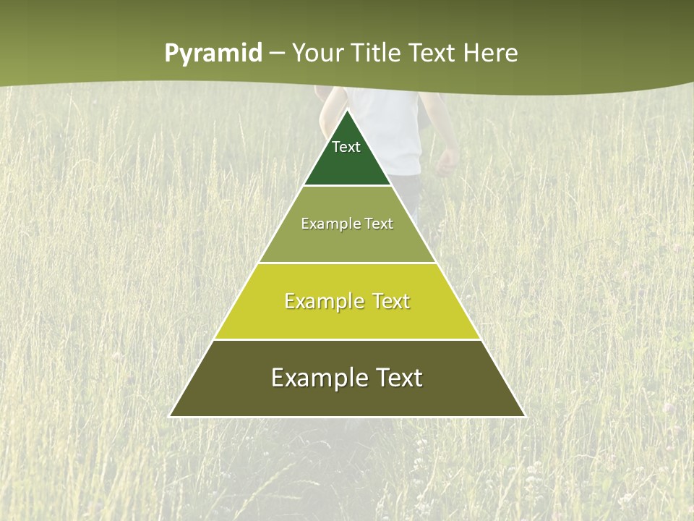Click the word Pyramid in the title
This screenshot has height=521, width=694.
pyautogui.click(x=213, y=54)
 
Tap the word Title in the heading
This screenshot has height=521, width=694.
pyautogui.click(x=378, y=54)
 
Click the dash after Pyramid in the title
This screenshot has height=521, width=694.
pyautogui.click(x=277, y=54)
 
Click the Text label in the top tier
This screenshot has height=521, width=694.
pyautogui.click(x=346, y=147)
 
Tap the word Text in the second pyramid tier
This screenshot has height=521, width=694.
pyautogui.click(x=379, y=224)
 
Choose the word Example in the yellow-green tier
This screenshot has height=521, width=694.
pyautogui.click(x=322, y=301)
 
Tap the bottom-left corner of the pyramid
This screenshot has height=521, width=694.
pyautogui.click(x=170, y=416)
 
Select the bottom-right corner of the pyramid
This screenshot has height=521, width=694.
pyautogui.click(x=525, y=416)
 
